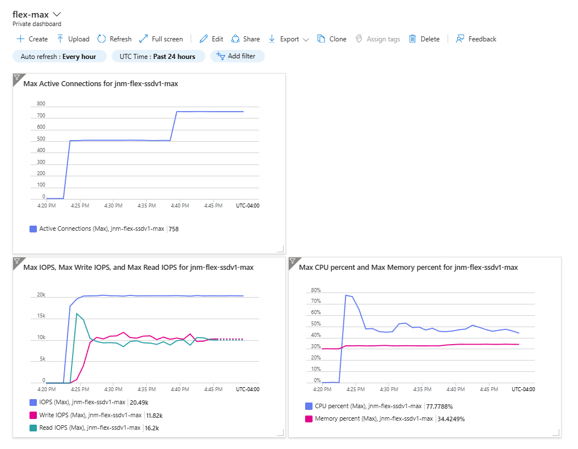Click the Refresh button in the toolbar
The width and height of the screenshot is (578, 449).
click(x=114, y=39)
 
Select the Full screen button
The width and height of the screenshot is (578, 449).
click(x=161, y=39)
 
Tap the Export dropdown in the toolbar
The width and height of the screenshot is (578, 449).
click(x=289, y=39)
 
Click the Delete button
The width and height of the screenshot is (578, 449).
click(x=424, y=39)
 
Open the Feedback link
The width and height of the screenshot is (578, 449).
click(x=476, y=39)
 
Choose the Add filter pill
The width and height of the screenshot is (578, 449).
click(x=238, y=56)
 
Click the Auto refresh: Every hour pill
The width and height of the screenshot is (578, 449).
click(x=60, y=56)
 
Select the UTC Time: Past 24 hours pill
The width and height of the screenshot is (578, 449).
click(x=158, y=56)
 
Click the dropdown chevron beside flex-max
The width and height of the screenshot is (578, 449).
click(x=57, y=14)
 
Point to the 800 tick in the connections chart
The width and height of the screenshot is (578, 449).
click(x=41, y=104)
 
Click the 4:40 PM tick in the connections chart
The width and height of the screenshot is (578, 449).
click(x=180, y=206)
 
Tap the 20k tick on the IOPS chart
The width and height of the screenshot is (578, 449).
click(x=41, y=295)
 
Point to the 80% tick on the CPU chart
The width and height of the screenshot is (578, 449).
click(x=316, y=290)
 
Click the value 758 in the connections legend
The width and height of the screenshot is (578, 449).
click(x=174, y=229)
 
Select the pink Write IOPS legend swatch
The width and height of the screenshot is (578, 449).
click(x=33, y=415)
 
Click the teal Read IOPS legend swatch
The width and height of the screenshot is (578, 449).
click(x=33, y=428)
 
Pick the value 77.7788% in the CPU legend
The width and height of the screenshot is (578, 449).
click(x=440, y=406)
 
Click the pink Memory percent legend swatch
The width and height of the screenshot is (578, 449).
click(x=309, y=419)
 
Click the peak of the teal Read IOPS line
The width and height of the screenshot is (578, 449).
click(x=77, y=314)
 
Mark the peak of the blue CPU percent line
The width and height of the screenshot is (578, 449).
click(x=346, y=295)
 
